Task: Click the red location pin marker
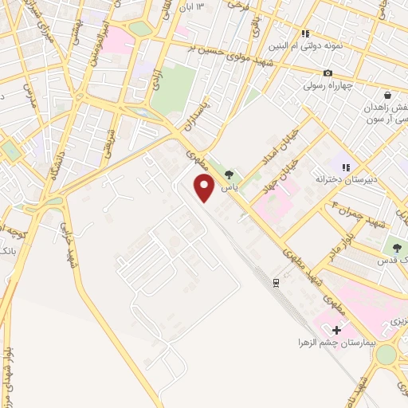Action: point(205,188)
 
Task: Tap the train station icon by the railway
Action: point(276,282)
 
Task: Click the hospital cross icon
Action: point(336,330)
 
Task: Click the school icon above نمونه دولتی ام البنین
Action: point(304,33)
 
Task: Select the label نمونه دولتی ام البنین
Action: point(316,46)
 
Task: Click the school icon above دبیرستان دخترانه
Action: point(346,167)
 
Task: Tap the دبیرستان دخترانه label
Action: point(346,180)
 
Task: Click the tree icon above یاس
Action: point(229,175)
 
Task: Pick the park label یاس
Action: point(229,187)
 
